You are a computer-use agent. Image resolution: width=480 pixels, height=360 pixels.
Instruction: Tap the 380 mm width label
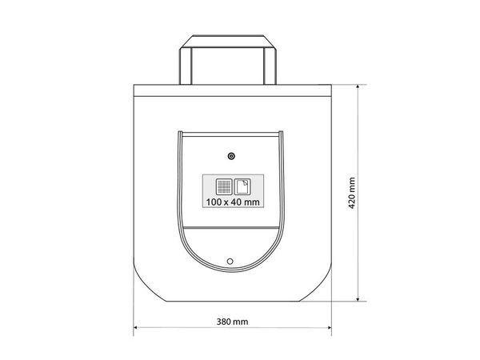[232, 322]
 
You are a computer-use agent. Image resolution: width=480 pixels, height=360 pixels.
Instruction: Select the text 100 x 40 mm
[232, 202]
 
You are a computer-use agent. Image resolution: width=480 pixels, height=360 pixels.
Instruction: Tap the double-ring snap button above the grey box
[231, 155]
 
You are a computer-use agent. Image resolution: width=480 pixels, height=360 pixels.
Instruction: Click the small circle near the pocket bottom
[230, 261]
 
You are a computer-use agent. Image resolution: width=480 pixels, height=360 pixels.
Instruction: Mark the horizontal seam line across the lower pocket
[230, 231]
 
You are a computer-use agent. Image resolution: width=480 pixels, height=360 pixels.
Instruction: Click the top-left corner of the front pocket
[179, 131]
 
